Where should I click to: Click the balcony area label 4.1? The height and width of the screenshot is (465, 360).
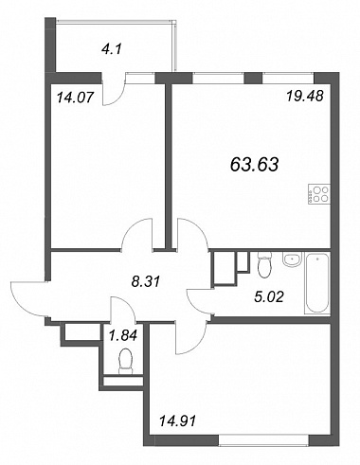112,49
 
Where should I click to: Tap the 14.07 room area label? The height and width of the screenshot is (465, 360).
75,98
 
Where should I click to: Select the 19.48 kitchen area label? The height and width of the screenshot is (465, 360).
305,96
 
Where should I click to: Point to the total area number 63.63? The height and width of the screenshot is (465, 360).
255,165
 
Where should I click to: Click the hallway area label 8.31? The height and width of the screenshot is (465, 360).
146,280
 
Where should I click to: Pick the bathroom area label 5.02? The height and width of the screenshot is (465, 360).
269,296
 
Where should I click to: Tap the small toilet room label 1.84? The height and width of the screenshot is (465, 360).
123,334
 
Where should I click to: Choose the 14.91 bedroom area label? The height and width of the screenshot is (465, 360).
177,421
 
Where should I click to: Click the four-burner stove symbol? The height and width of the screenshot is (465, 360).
319,194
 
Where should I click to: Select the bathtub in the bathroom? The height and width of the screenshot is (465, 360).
317,283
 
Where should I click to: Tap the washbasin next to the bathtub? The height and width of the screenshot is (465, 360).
293,259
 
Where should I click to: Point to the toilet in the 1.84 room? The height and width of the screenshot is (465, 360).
126,361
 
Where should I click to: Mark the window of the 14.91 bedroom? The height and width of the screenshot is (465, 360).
263,440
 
